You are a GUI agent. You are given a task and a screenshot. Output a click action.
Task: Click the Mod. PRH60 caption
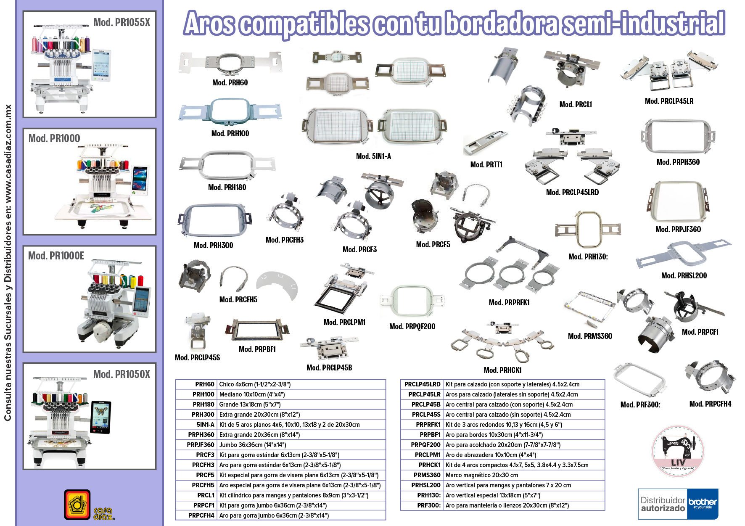pos(230,83)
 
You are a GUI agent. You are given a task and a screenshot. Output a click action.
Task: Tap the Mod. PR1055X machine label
pos(122,22)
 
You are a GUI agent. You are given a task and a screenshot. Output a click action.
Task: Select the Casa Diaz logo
pos(89,505)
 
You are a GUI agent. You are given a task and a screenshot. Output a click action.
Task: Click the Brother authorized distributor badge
pos(678,504)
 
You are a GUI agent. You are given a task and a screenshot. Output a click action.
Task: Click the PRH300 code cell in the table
pos(203,415)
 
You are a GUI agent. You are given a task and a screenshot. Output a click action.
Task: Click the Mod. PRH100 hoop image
pos(230,111)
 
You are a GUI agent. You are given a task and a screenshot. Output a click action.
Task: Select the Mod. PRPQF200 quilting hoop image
pos(412,301)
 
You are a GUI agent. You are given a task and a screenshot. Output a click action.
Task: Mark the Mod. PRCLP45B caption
pos(329,368)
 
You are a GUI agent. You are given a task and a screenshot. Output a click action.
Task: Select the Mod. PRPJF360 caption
pos(678,230)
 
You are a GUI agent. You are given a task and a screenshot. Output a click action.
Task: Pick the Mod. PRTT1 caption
pos(486,165)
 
